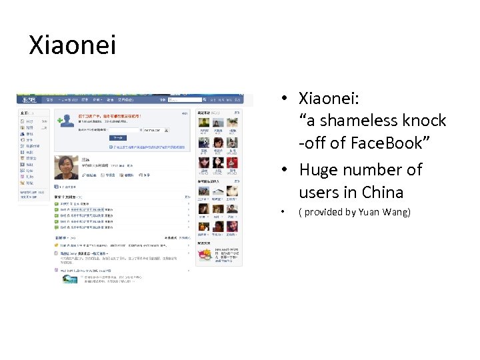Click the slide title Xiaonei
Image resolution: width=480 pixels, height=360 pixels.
(x=72, y=45)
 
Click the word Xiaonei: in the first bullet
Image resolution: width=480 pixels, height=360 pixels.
(x=329, y=99)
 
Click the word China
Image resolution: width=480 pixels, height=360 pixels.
(x=382, y=193)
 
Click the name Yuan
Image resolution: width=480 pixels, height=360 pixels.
(x=369, y=213)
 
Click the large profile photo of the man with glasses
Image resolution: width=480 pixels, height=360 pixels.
(x=66, y=167)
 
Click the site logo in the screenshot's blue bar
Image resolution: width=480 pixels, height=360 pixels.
(x=27, y=100)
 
